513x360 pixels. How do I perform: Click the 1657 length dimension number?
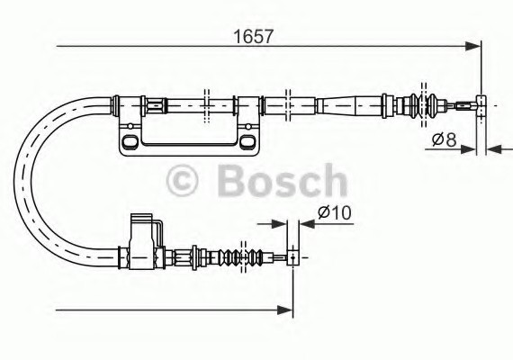click(254, 37)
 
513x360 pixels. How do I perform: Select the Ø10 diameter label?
click(334, 214)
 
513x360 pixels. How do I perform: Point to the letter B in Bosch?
click(232, 181)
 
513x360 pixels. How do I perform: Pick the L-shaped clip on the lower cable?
click(143, 236)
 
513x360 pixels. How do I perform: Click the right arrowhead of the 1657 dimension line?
click(473, 45)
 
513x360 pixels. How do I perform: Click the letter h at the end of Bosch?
click(334, 181)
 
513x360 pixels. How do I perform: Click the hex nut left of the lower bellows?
click(193, 258)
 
